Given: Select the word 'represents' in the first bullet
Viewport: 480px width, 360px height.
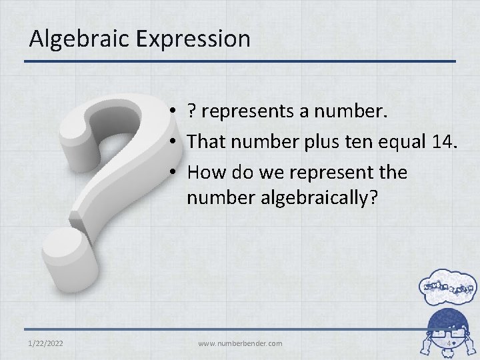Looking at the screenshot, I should point(249,111).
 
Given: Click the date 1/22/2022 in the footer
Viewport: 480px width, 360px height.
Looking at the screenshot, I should point(47,343).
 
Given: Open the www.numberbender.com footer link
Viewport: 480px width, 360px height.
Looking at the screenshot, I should point(240,343).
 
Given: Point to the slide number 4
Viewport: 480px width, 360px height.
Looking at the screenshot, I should point(449,343).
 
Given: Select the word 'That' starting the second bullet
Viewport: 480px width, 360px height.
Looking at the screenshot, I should point(205,141).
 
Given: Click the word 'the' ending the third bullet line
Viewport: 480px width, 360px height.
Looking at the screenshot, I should point(391,172).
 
